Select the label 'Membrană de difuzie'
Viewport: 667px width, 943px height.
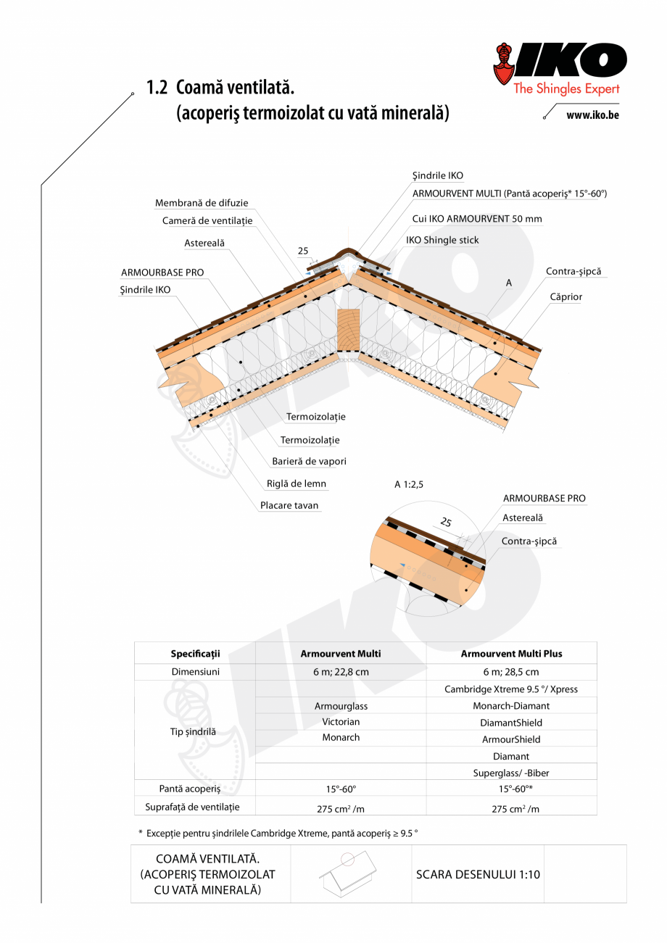tap(201, 204)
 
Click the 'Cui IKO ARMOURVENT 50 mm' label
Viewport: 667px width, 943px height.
tap(476, 218)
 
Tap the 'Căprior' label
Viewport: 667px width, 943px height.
tap(565, 296)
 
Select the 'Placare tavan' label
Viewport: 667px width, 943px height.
tap(289, 505)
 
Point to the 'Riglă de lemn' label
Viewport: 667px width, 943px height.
tap(297, 483)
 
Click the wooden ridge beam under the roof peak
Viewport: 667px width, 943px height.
tap(349, 331)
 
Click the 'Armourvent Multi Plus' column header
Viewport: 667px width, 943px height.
tap(511, 653)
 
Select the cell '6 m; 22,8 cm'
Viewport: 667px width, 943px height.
tap(341, 672)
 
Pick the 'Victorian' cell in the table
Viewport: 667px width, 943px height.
tap(341, 721)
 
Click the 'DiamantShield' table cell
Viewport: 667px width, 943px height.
tap(511, 723)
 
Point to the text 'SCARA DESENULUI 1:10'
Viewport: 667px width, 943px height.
tap(478, 874)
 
